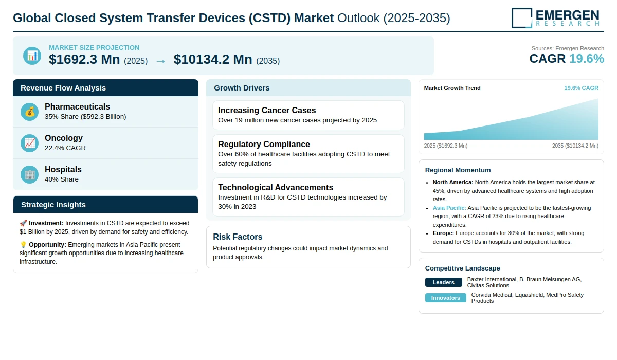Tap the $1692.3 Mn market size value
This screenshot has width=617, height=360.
(84, 60)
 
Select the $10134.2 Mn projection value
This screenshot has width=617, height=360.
(213, 60)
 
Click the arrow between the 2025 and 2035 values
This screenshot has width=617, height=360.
(160, 61)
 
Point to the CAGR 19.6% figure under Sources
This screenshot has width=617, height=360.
(567, 59)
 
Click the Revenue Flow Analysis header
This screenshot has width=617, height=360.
(63, 88)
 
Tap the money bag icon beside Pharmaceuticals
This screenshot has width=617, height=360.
(30, 112)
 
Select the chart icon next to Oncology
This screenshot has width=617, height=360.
(30, 143)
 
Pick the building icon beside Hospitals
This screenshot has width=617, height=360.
(30, 174)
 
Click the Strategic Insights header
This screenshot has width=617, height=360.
(53, 205)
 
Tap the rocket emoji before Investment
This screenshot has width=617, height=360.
(23, 223)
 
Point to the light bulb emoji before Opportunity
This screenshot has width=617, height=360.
(23, 245)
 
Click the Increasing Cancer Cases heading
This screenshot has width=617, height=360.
(267, 110)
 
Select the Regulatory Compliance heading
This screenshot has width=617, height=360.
(264, 144)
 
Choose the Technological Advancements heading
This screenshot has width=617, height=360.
(276, 187)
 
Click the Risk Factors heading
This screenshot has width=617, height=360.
(238, 237)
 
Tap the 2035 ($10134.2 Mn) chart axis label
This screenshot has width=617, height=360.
(575, 146)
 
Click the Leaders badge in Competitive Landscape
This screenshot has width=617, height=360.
(443, 282)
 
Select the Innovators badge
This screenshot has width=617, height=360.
(445, 298)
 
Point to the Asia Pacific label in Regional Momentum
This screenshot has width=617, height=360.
(449, 208)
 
